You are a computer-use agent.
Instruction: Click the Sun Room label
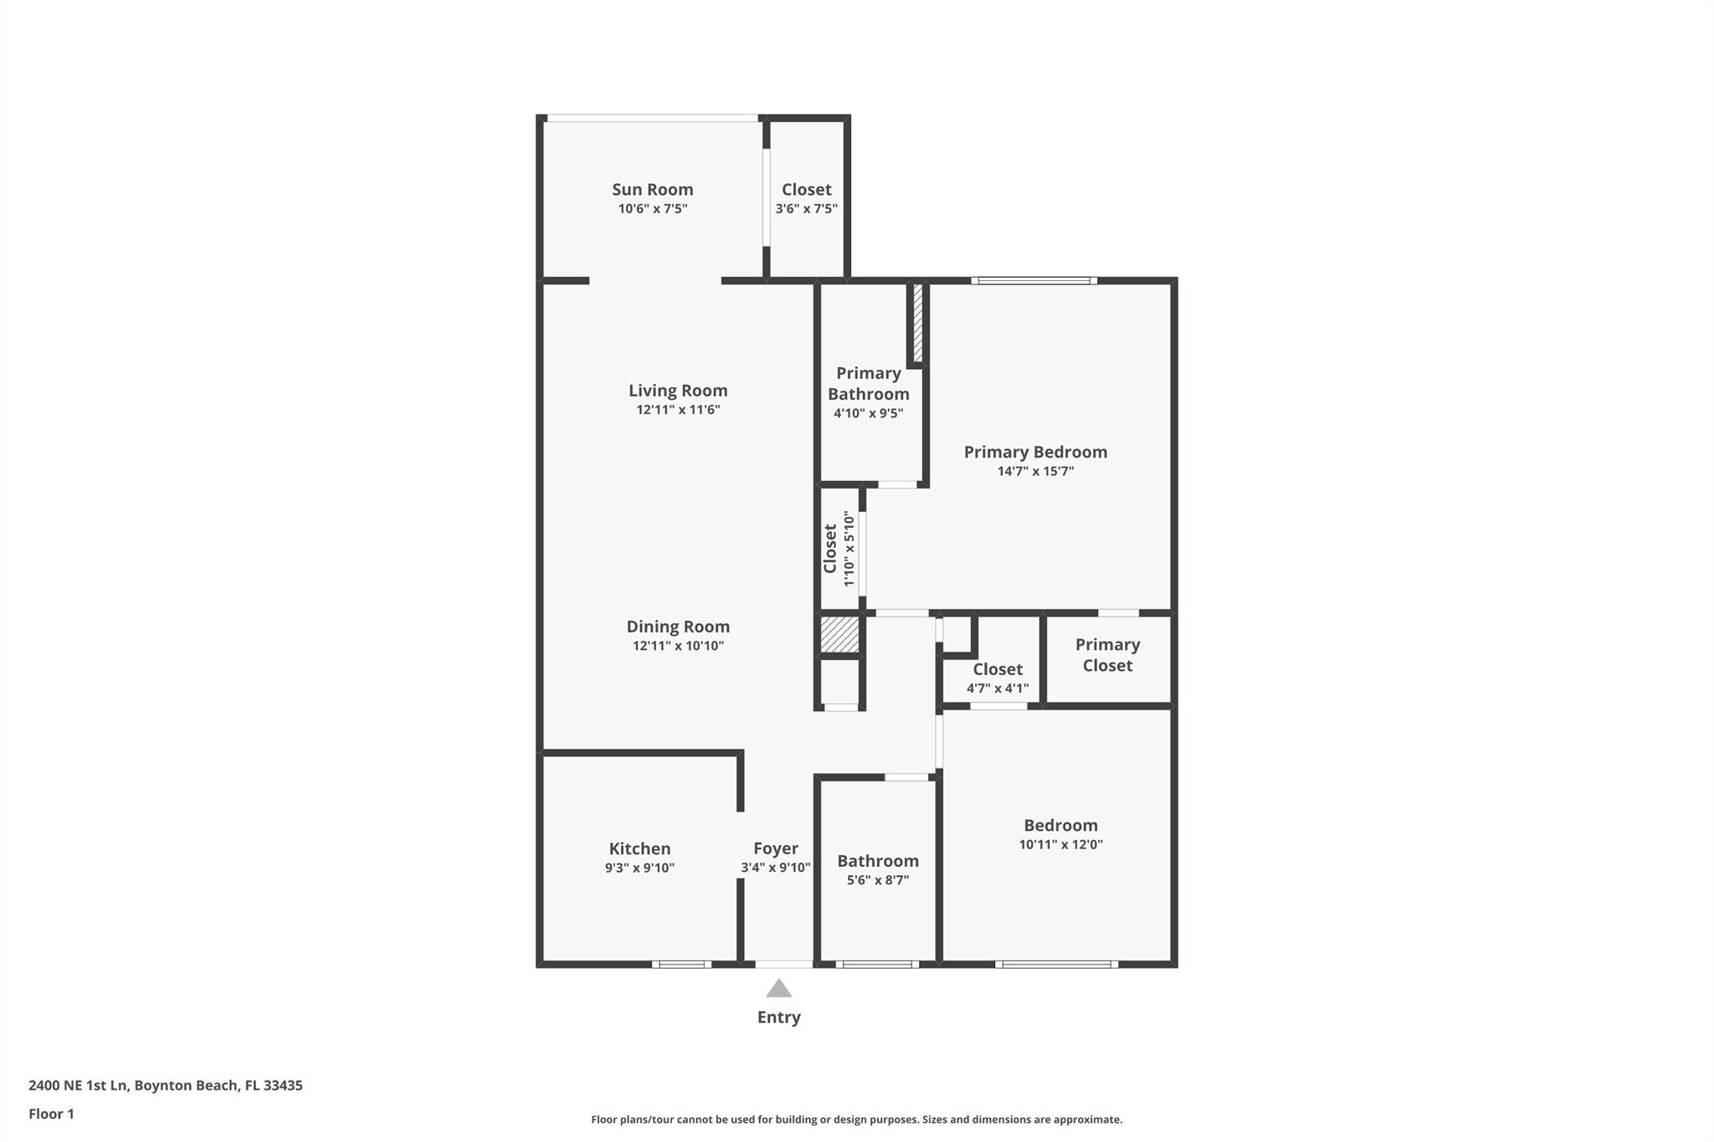click(652, 190)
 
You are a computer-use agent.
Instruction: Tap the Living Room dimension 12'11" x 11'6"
click(678, 410)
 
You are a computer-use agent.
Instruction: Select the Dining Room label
click(678, 627)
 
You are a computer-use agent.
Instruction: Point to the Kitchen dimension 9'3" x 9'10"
click(639, 868)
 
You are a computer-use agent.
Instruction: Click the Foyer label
click(775, 848)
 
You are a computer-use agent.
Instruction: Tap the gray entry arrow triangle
click(779, 990)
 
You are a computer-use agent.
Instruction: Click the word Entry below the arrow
click(779, 1017)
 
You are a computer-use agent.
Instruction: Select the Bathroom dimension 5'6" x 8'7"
click(878, 880)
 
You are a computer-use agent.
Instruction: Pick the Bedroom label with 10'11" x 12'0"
click(1060, 826)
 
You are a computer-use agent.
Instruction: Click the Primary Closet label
click(1107, 655)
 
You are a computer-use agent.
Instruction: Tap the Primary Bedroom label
click(1035, 453)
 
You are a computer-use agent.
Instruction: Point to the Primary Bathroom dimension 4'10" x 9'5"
click(868, 413)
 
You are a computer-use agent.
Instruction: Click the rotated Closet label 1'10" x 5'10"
click(830, 549)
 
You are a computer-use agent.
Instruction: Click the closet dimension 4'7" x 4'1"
click(998, 689)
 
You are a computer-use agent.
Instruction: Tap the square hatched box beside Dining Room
click(839, 635)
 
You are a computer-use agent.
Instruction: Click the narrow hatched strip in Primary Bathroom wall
click(917, 323)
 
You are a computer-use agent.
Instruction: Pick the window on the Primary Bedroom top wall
click(1034, 281)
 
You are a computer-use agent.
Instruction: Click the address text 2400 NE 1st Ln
click(79, 1086)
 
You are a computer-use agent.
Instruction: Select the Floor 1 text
click(52, 1114)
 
